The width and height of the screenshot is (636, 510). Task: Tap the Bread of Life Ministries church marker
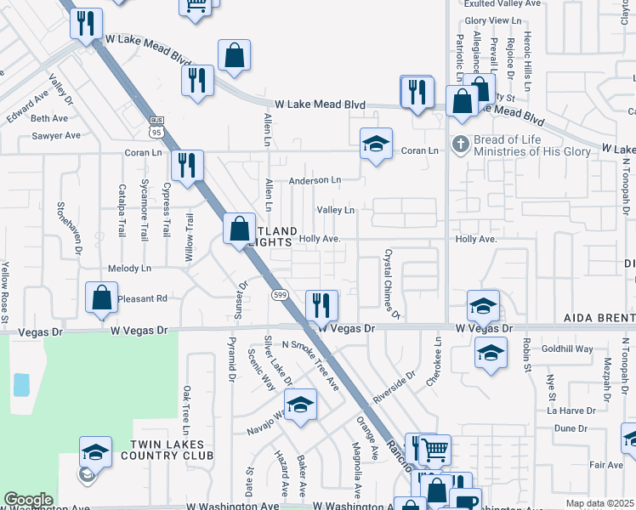pyautogui.click(x=461, y=143)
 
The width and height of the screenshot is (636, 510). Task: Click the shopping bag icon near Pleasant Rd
pyautogui.click(x=101, y=297)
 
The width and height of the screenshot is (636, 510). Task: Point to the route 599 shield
pyautogui.click(x=279, y=294)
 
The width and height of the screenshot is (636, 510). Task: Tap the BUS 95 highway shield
pyautogui.click(x=156, y=127)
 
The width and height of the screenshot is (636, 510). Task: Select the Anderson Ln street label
pyautogui.click(x=315, y=180)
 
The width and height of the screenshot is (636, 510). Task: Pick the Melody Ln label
pyautogui.click(x=129, y=268)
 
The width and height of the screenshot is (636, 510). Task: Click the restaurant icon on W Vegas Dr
pyautogui.click(x=321, y=305)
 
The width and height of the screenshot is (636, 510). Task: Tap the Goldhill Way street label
pyautogui.click(x=567, y=348)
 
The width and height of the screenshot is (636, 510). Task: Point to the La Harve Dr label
pyautogui.click(x=571, y=410)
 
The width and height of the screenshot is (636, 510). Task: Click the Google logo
pyautogui.click(x=28, y=500)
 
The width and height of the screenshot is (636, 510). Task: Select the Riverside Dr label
pyautogui.click(x=394, y=387)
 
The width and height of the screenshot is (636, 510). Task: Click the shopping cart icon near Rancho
pyautogui.click(x=434, y=449)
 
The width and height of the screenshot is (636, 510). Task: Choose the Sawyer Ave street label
pyautogui.click(x=56, y=135)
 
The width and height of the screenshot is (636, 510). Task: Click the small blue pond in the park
pyautogui.click(x=21, y=384)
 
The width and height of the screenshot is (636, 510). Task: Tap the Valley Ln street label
pyautogui.click(x=335, y=210)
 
